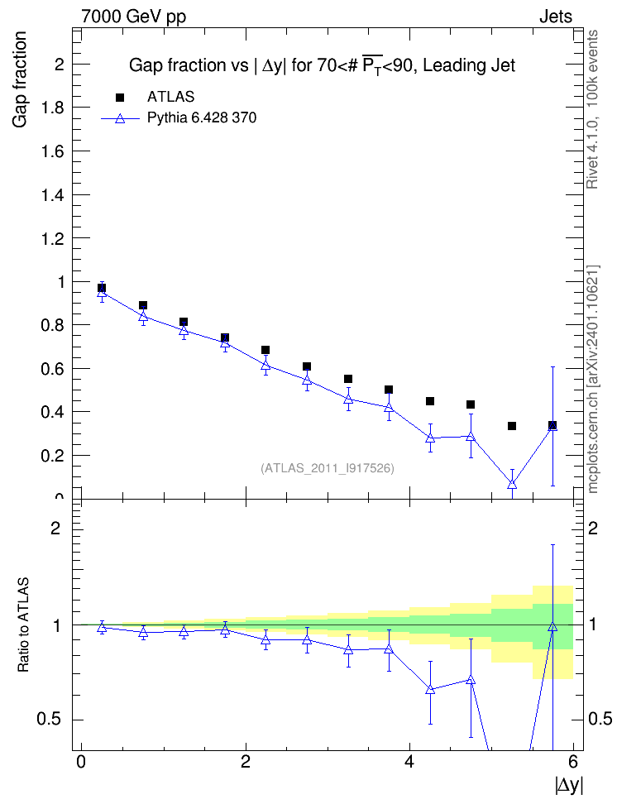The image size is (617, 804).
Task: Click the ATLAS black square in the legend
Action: (x=120, y=98)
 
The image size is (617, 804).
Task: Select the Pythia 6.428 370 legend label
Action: (x=202, y=118)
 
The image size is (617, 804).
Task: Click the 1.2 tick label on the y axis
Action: (x=52, y=238)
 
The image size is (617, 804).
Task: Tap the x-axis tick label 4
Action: (x=409, y=762)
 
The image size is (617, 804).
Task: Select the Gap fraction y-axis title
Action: (x=20, y=79)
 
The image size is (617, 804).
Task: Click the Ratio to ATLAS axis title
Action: (x=23, y=625)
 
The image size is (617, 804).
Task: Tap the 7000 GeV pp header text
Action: (x=133, y=17)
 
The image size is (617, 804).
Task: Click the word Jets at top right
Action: (x=556, y=17)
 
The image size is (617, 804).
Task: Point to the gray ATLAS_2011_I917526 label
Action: (x=328, y=468)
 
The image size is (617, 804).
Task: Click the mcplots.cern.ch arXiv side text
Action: (x=593, y=380)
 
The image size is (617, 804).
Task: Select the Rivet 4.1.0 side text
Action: (x=592, y=109)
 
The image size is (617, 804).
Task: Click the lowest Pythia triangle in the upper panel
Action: (x=512, y=484)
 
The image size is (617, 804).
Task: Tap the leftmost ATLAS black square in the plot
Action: (x=102, y=288)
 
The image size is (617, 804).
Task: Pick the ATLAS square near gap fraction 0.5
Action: (x=389, y=390)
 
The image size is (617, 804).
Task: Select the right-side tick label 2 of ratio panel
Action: (x=593, y=528)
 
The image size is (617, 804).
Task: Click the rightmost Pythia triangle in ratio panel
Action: (x=552, y=627)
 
